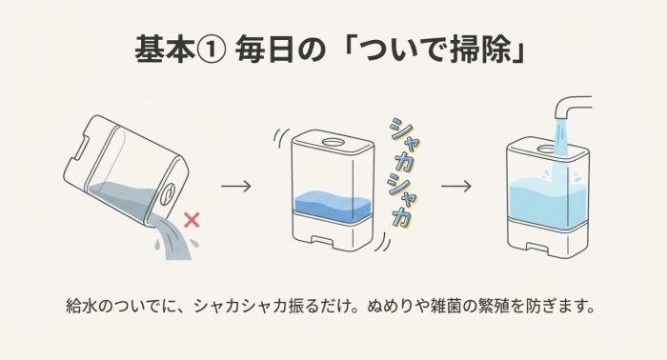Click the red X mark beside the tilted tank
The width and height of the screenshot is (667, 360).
[192, 221]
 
